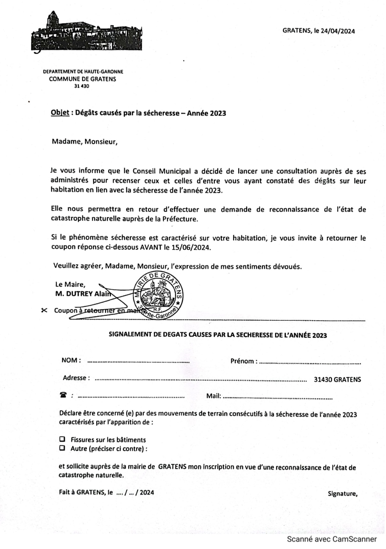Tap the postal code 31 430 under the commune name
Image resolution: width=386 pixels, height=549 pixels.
81,86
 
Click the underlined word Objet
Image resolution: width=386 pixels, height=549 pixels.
60,113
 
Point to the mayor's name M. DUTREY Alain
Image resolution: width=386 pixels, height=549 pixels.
83,294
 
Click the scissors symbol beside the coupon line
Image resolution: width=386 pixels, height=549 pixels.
44,310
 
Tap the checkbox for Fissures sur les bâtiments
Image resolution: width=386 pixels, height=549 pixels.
62,439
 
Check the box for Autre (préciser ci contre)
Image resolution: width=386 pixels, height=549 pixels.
62,448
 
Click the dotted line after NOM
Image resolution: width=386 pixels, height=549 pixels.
138,362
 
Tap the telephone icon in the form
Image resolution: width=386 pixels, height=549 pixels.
63,395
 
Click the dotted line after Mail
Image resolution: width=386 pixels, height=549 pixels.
277,398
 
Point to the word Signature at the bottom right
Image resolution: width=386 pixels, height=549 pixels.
342,494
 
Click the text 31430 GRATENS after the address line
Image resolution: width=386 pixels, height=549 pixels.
337,380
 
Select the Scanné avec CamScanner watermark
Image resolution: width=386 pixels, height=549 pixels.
332,539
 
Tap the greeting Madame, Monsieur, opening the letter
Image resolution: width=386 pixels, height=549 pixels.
85,141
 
